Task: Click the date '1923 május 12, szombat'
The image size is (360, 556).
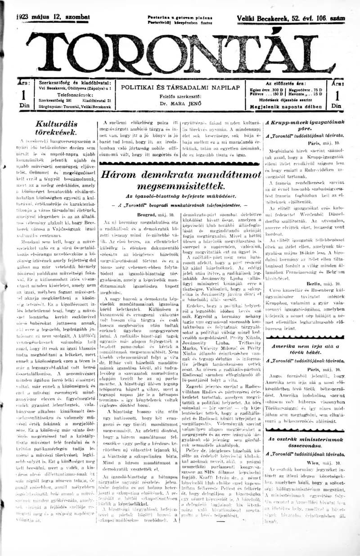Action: [54, 18]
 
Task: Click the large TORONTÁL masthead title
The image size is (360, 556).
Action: [180, 54]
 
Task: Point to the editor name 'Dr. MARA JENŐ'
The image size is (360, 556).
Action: [180, 103]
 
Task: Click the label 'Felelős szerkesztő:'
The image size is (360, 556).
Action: [180, 96]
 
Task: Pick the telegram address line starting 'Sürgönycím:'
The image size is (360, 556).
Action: [74, 107]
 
